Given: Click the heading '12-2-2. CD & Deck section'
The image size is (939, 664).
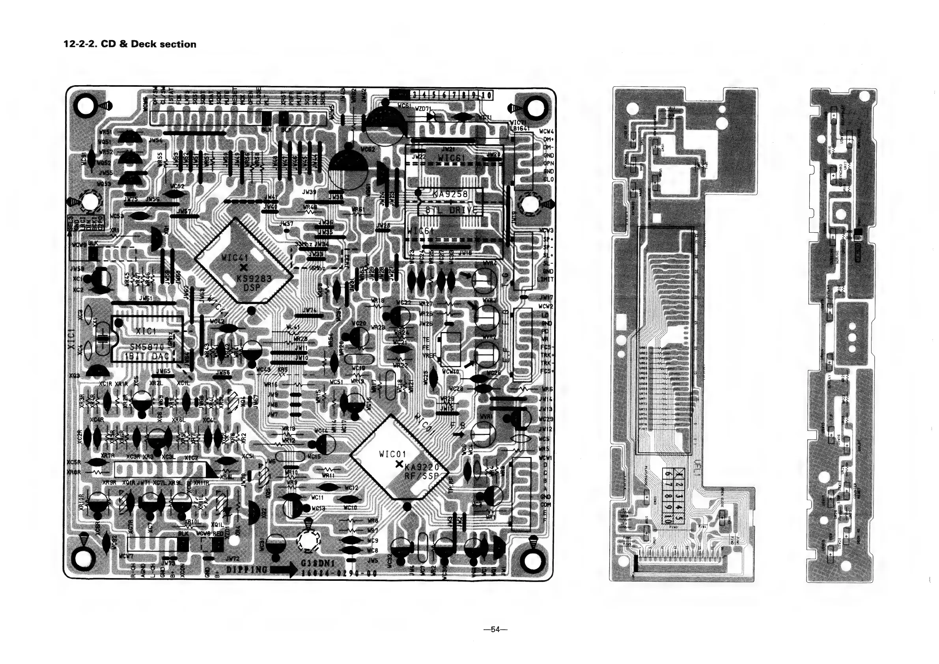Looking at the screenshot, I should (x=130, y=44).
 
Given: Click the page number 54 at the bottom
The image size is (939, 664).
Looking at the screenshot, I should (x=495, y=630).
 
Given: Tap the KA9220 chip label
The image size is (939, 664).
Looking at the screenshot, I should (x=422, y=467).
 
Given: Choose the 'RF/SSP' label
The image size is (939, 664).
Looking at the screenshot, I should (x=421, y=476).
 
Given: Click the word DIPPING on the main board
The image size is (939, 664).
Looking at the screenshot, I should (x=247, y=569).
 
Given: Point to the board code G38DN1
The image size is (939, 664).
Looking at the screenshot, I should (x=318, y=564).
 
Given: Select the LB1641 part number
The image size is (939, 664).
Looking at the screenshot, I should (x=520, y=129).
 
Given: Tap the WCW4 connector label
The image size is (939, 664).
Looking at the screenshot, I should (x=546, y=132).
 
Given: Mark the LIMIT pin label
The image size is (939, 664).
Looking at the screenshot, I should (x=545, y=279).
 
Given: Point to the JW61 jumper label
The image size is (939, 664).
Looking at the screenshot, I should (x=146, y=298).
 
